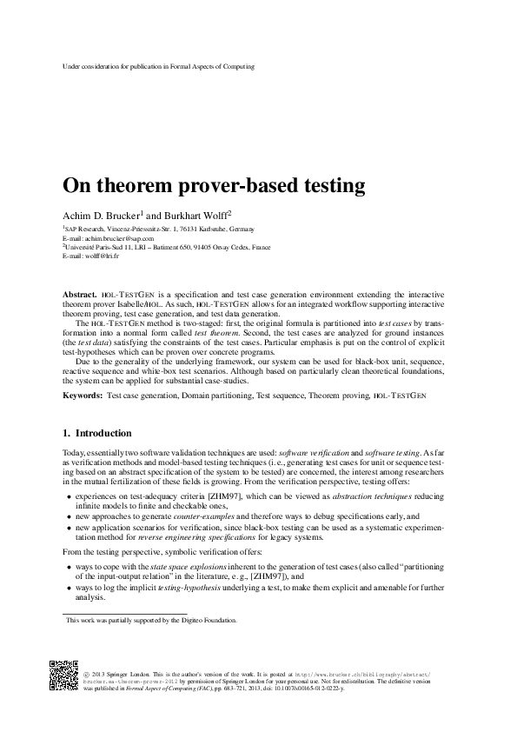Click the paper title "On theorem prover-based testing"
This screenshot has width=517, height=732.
click(213, 186)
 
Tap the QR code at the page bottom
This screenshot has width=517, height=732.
click(64, 675)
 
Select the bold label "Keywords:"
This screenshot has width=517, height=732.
click(83, 396)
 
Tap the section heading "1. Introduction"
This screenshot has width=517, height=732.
click(97, 433)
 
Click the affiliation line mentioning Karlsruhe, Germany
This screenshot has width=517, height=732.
click(159, 229)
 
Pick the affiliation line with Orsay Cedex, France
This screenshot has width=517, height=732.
click(166, 247)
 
